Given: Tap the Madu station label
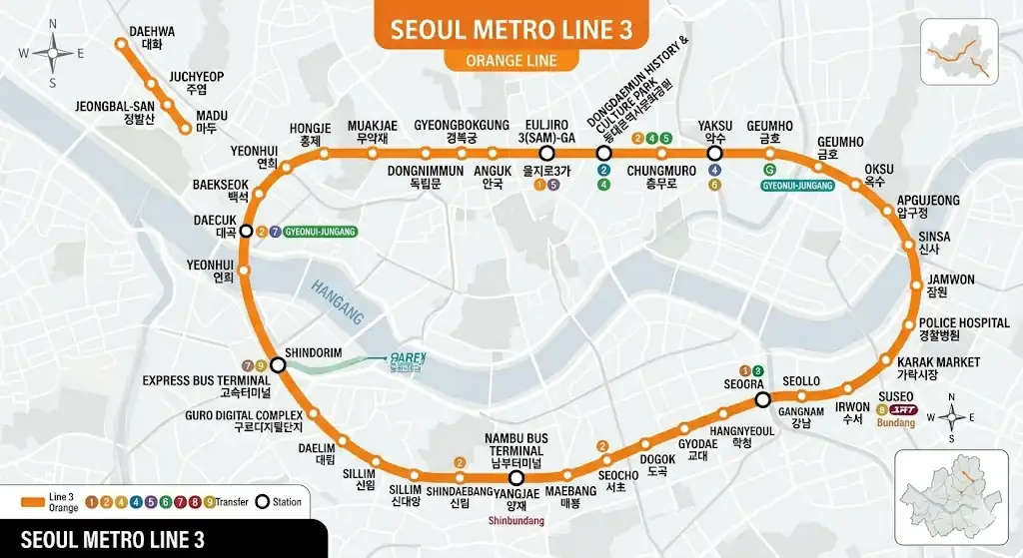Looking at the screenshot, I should pos(211,122).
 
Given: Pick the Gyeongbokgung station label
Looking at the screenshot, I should pos(462,131).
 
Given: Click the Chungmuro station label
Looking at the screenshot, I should pos(661,177).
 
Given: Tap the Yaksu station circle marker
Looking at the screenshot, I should pos(714,154).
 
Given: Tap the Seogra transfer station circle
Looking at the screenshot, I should pos(762,400).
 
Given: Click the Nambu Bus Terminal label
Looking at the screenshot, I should pos(516,451).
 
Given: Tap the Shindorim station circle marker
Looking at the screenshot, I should pos(278,365).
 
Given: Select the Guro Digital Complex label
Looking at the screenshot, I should pos(244,421).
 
